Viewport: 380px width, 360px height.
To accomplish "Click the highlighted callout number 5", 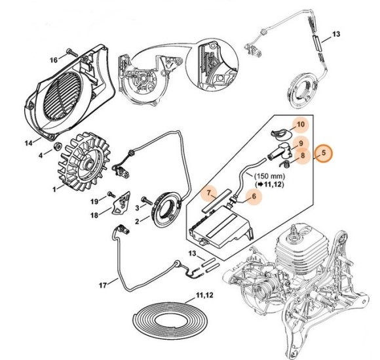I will pos(323,155).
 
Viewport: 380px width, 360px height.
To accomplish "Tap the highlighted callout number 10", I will pos(301,124).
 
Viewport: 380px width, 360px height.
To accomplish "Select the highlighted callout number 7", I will pos(208,194).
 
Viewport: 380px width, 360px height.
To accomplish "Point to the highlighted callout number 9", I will pos(301,143).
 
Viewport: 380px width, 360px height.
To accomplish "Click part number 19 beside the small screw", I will pos(94,201).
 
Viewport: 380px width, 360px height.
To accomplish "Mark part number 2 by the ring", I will pos(138,222).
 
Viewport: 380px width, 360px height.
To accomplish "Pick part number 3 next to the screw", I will pos(138,207).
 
